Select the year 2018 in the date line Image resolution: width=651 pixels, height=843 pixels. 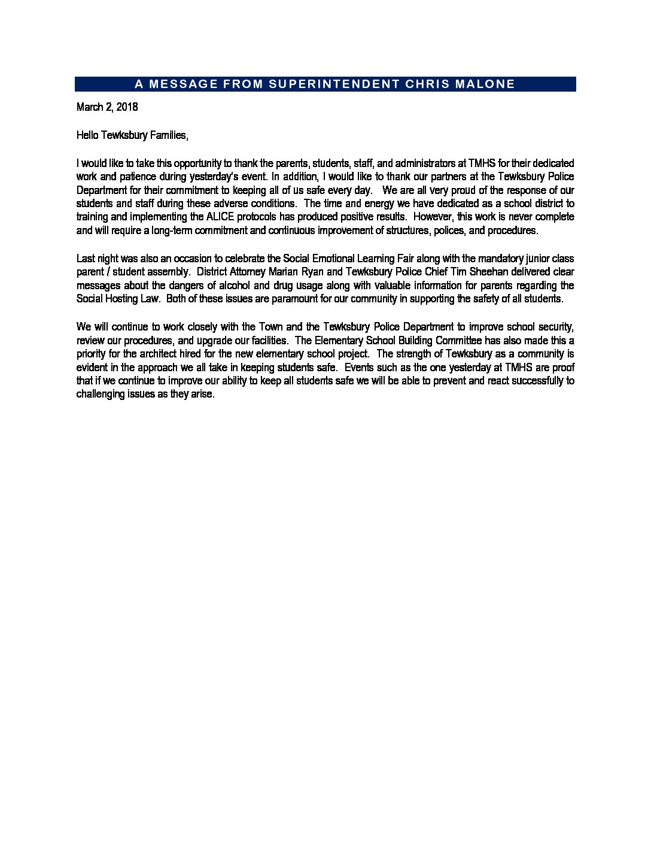coord(126,107)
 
